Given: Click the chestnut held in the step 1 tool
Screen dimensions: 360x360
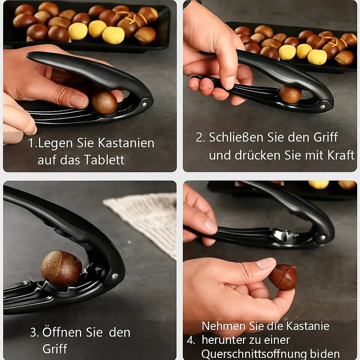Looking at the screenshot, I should [104, 102].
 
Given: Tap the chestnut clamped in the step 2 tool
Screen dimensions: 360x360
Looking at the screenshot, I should [290, 94].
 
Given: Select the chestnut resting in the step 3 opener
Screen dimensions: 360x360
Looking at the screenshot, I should [61, 268].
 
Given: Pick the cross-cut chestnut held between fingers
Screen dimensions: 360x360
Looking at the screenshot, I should [283, 277].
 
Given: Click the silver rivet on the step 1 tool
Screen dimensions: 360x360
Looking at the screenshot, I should [144, 104].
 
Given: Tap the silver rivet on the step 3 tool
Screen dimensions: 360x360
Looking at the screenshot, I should [115, 277].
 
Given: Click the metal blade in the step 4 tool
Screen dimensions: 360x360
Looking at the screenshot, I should [281, 235].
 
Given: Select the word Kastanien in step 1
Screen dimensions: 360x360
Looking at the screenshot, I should [126, 143].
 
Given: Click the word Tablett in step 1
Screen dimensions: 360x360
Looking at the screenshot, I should [104, 160].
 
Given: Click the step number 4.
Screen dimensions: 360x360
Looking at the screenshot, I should [191, 340].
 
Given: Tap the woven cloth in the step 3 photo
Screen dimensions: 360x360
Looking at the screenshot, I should [148, 218].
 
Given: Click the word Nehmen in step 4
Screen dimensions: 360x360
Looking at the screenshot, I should [224, 326].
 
